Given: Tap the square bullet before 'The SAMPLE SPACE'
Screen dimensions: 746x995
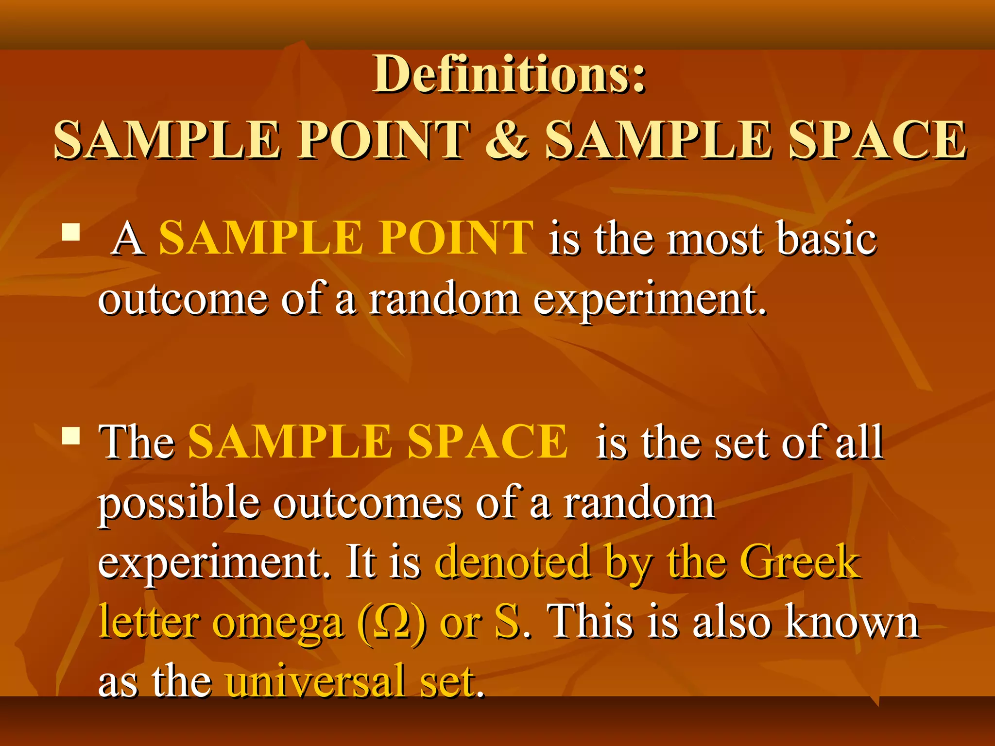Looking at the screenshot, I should [71, 436].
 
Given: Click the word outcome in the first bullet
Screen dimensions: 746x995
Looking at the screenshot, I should [183, 299].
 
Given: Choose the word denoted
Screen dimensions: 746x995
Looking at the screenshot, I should [513, 562].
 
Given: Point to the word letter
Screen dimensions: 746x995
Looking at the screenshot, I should [148, 622].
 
